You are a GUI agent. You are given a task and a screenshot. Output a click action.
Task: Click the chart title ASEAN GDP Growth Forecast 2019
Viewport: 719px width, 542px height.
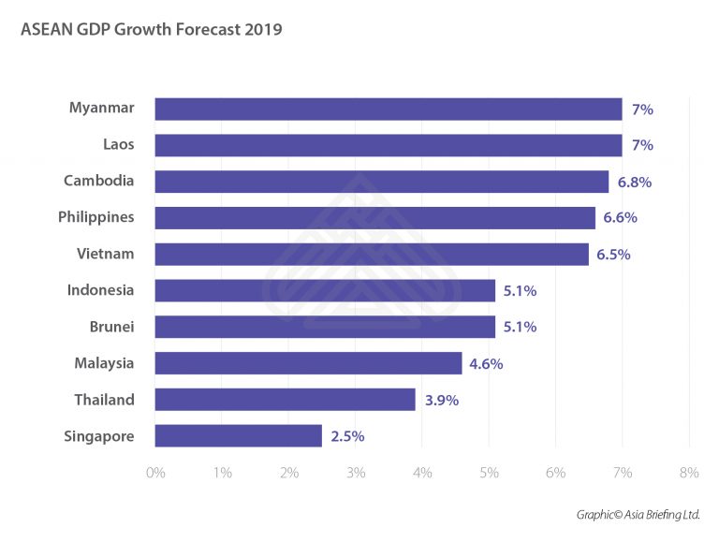tap(151, 30)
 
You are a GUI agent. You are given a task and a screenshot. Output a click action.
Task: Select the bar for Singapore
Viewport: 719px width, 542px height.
tap(238, 435)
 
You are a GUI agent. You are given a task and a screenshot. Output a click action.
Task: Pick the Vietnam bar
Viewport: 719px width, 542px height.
tap(372, 254)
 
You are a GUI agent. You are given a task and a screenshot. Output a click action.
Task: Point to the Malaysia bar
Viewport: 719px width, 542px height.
tap(308, 363)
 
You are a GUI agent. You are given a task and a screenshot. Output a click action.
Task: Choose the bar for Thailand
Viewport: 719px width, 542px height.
tap(285, 400)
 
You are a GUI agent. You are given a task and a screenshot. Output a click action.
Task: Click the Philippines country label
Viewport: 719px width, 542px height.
tap(96, 217)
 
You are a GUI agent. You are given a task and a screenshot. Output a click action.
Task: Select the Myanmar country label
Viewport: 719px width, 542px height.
tap(102, 109)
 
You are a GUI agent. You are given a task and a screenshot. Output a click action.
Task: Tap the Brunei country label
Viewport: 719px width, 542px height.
tap(110, 327)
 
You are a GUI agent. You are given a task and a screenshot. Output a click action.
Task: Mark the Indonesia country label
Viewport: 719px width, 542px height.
tap(101, 290)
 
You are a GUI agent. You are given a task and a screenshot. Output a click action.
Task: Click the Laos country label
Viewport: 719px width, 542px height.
tap(119, 145)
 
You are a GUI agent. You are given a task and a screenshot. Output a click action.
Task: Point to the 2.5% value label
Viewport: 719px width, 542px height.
tap(346, 436)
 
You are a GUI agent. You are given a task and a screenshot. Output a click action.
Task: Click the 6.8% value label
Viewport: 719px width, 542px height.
tap(633, 182)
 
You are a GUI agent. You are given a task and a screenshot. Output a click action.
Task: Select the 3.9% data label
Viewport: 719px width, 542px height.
tap(440, 400)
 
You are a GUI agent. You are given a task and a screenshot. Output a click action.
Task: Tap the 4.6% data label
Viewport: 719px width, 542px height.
tap(486, 363)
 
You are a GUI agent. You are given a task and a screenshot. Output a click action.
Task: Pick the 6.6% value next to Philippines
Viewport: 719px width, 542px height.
tap(620, 218)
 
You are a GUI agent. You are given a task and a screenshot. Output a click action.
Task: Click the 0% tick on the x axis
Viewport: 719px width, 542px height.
tap(155, 474)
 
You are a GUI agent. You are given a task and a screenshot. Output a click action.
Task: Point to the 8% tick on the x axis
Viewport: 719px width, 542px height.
tap(689, 474)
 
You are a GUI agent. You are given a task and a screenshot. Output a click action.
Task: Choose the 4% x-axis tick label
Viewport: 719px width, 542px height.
tap(422, 474)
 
